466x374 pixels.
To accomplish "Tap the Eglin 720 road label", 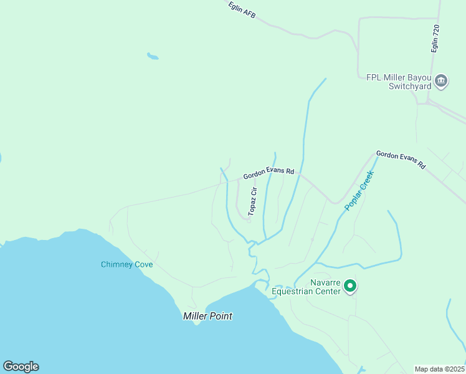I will (x=435, y=38).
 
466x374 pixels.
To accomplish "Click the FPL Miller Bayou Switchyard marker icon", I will (x=441, y=80).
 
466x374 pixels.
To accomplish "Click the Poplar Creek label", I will (x=359, y=190).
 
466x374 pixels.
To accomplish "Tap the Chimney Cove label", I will (x=127, y=264).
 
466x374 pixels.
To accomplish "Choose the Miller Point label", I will (x=207, y=316).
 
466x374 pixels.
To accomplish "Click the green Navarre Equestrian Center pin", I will (x=350, y=286).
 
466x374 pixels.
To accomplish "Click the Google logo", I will (x=21, y=367).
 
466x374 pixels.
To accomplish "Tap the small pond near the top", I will (x=152, y=57).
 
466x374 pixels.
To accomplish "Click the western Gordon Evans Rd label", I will (x=268, y=172).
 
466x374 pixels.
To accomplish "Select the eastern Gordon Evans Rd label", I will (x=401, y=160).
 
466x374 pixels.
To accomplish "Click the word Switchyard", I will (x=410, y=86).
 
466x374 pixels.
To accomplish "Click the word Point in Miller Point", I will (x=221, y=316).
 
